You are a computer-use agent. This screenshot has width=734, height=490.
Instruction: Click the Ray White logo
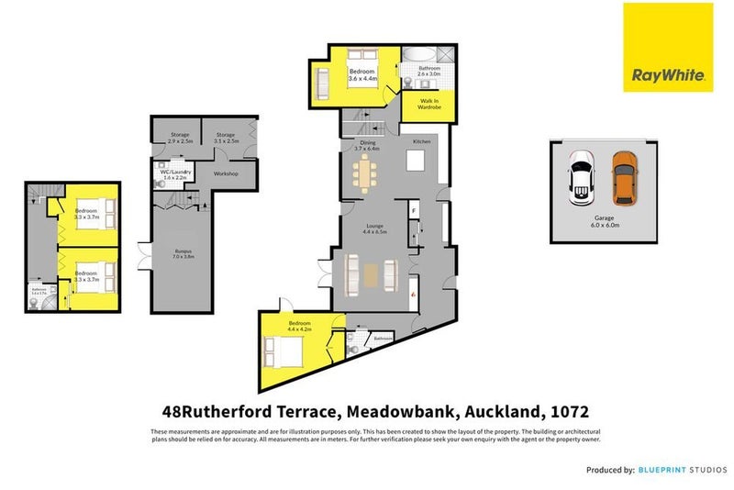(668, 47)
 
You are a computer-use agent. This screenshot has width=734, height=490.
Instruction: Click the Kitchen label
(421, 142)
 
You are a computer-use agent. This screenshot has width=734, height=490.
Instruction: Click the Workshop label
(226, 173)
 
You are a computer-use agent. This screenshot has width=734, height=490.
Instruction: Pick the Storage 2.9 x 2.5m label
(179, 138)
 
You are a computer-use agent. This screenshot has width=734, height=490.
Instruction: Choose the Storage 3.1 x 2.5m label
(227, 138)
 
